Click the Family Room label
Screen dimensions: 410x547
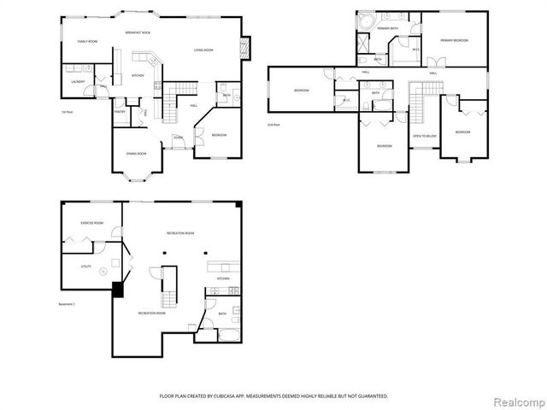coord(87,42)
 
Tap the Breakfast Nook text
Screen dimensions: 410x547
coord(137,32)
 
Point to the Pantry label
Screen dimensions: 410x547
coord(121,111)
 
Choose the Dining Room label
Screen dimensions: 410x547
coord(137,154)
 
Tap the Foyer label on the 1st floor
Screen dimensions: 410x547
coord(178,137)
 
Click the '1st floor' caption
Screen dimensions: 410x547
coord(68,112)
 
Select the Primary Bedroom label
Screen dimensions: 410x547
coord(453,40)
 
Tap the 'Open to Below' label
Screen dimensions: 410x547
coord(424,136)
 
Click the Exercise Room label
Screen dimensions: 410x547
coord(92,222)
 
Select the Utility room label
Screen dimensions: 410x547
coord(85,266)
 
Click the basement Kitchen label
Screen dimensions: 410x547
coord(222,278)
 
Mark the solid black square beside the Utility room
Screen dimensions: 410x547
coord(118,290)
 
